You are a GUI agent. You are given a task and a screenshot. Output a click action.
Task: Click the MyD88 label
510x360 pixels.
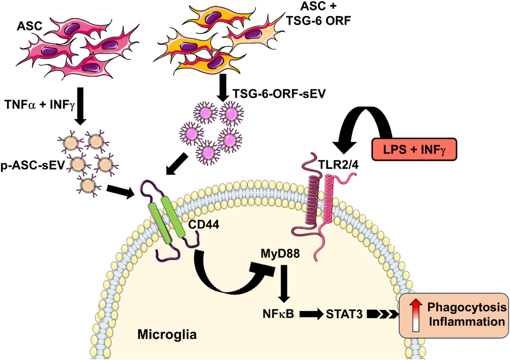point(280,254)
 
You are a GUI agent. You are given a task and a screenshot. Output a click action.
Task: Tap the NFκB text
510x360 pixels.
point(278,314)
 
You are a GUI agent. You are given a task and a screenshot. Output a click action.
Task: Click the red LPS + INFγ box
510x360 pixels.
point(414,149)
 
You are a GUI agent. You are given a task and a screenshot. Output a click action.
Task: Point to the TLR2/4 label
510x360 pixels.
point(338,165)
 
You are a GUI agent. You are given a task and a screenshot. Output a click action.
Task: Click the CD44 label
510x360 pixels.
point(203,224)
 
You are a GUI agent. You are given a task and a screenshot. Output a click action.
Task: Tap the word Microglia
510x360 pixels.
point(167,335)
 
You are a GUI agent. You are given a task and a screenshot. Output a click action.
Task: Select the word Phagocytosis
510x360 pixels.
point(467,307)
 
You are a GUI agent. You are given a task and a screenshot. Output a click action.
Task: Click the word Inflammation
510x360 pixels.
point(467,322)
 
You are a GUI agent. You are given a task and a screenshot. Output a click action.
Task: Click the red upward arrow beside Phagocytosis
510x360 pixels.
point(416,315)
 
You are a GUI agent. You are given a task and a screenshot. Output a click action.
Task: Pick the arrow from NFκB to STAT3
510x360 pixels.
point(311,314)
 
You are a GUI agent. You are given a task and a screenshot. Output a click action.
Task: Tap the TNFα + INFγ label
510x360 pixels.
point(39,105)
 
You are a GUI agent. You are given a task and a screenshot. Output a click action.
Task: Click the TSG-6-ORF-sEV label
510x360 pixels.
point(279,93)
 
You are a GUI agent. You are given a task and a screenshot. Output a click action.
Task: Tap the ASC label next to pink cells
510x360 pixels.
point(30,26)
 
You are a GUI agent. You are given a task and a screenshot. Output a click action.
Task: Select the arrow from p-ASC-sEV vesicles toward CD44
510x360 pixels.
point(120,191)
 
